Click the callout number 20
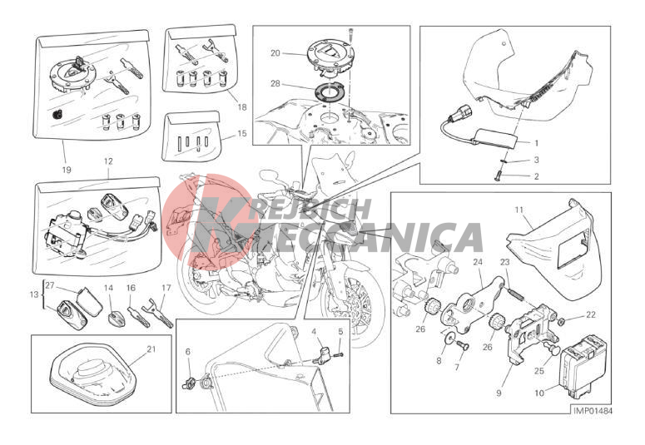coord(275,53)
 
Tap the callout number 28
coord(275,83)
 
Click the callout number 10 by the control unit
coord(538,393)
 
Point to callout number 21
coord(151,349)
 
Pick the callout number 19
coord(67,170)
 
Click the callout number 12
coord(108,161)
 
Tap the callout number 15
coord(242,134)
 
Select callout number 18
coord(242,107)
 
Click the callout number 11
coord(518,210)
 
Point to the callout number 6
coord(188,352)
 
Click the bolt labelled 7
coord(464,347)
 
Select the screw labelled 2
coord(498,176)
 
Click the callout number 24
coord(477,262)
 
